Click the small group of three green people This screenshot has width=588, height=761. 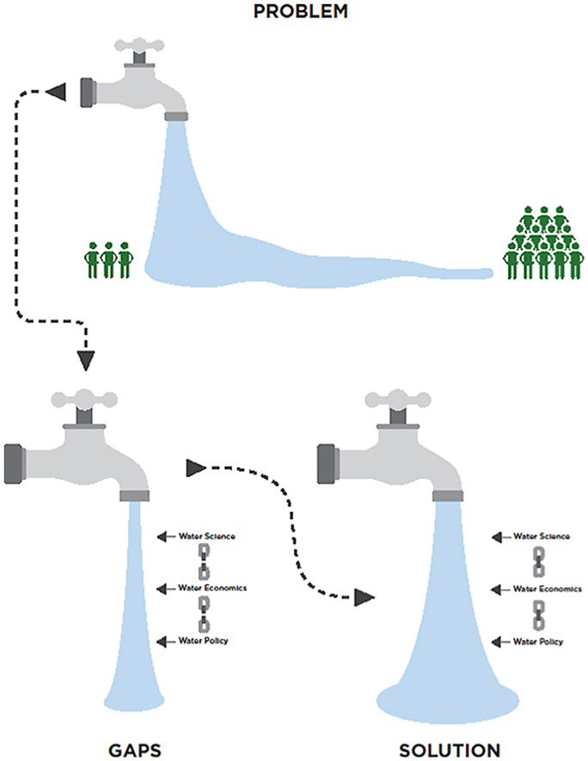click(x=108, y=259)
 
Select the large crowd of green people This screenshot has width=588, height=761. click(x=542, y=245)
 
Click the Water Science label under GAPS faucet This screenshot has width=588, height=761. click(x=207, y=537)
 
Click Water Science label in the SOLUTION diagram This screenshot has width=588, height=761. click(x=541, y=537)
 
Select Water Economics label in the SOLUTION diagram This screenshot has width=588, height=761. click(x=547, y=588)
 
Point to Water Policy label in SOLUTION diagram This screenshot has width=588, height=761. click(x=539, y=641)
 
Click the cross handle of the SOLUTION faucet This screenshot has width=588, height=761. click(x=396, y=399)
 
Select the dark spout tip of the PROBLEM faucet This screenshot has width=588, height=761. click(x=175, y=114)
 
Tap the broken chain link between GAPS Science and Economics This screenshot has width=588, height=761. click(x=204, y=562)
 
